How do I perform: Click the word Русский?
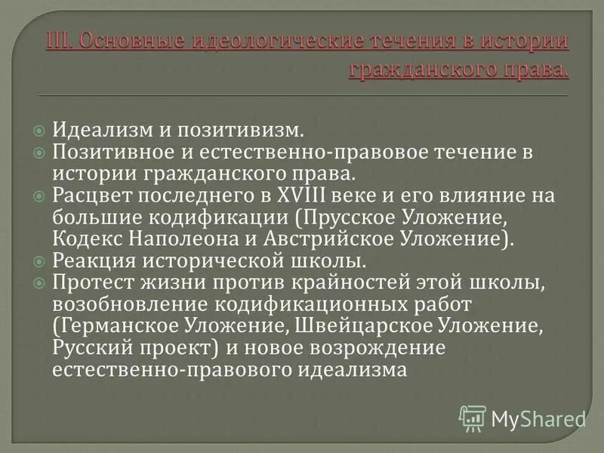[x=91, y=348]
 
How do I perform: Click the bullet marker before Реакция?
[x=40, y=262]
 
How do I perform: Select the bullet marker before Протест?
[x=40, y=283]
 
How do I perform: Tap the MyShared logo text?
[x=538, y=418]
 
